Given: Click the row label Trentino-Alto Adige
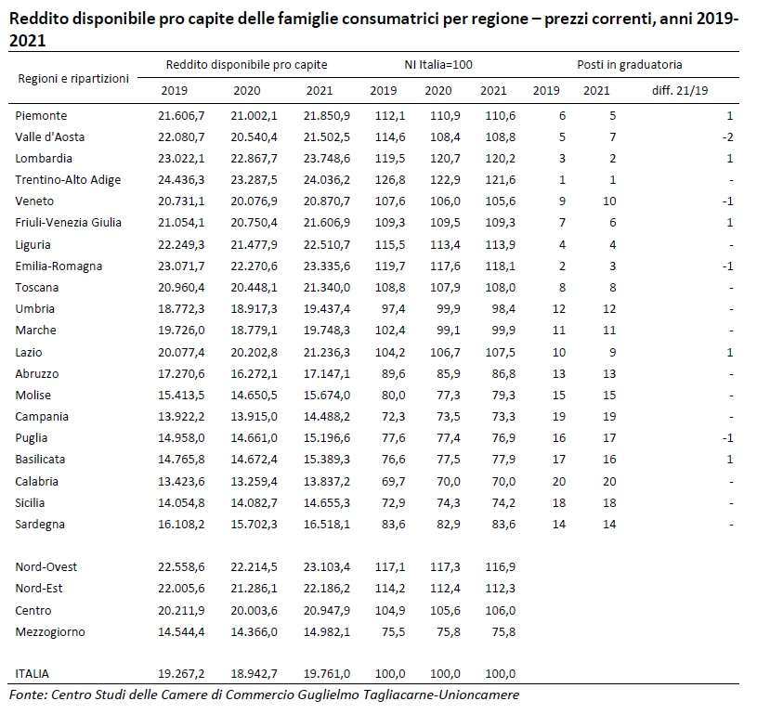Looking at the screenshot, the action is [x=68, y=180].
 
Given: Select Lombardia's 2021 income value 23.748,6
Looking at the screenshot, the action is [x=327, y=159].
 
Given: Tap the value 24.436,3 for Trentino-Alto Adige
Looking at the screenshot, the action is [x=181, y=180].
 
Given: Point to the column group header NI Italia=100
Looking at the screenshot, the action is [x=438, y=65].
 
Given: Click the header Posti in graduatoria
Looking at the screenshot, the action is [x=630, y=65].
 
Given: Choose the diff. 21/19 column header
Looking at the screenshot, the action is [x=680, y=91].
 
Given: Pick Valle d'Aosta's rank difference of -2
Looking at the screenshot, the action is [x=728, y=137].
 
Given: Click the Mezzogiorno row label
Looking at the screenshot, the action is [x=50, y=632].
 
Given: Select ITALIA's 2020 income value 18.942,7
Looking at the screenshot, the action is [x=254, y=674].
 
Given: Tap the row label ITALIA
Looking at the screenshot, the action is [x=32, y=674].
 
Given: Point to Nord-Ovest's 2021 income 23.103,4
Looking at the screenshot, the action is [x=327, y=567].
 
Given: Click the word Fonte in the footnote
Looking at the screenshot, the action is [x=27, y=695].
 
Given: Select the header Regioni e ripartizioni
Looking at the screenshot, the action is [x=73, y=79].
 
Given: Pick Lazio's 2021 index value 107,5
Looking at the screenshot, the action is [x=501, y=353].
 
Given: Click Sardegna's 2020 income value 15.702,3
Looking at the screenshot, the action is [x=254, y=525].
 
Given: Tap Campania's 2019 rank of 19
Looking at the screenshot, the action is [x=559, y=417].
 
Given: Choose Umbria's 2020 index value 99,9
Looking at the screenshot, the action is [x=449, y=309].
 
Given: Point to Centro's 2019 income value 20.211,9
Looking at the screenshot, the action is [x=181, y=611].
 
